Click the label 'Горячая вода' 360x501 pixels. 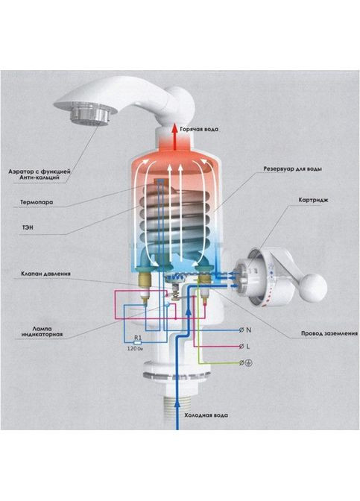(199, 130)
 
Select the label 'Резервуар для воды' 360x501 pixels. (292, 168)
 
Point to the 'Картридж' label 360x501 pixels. (313, 201)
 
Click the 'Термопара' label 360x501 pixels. (37, 202)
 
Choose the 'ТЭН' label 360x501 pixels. (28, 228)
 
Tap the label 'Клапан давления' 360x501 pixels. (46, 274)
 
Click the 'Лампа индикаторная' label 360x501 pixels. (42, 331)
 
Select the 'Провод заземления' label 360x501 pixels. (329, 333)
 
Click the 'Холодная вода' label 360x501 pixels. (206, 415)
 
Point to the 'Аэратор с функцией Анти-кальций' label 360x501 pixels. (40, 174)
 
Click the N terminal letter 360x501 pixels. (249, 330)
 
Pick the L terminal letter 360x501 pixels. (248, 347)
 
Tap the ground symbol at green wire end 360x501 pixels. (250, 363)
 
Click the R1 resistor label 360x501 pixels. (137, 338)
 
